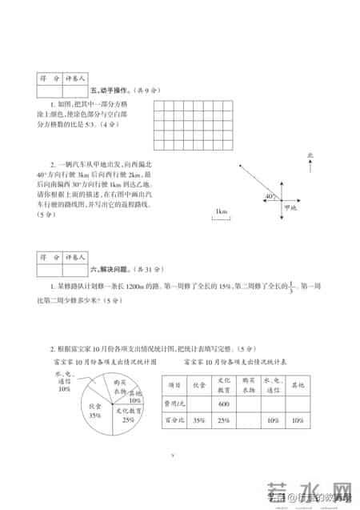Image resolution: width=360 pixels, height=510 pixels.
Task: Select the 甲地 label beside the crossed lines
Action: (289, 207)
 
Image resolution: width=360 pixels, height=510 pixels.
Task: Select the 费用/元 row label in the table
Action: (174, 403)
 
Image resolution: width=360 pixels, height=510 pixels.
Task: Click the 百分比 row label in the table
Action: (174, 420)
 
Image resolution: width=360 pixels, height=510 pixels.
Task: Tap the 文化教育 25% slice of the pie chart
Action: (128, 413)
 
